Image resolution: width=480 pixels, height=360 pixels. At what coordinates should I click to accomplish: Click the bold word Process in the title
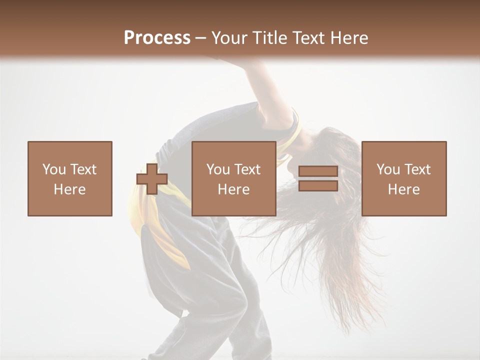tap(157, 38)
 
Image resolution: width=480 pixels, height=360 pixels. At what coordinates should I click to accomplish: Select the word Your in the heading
tap(229, 38)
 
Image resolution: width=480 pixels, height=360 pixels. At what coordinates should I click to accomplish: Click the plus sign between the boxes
tap(152, 179)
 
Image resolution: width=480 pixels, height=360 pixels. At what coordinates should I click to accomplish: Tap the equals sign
tap(318, 178)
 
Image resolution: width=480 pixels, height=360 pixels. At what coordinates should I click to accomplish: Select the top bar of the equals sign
tap(318, 171)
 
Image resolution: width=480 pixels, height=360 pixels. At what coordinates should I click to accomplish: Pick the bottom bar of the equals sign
tap(318, 185)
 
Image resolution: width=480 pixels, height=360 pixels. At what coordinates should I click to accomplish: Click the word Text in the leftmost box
tap(83, 169)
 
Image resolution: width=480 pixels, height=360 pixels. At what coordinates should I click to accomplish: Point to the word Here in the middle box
tap(234, 189)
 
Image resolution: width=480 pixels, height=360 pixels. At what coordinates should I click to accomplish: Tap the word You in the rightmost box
tap(388, 169)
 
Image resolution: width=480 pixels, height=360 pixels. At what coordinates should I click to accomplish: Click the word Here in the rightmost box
tap(404, 189)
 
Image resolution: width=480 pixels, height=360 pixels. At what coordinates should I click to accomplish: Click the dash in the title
tap(200, 38)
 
